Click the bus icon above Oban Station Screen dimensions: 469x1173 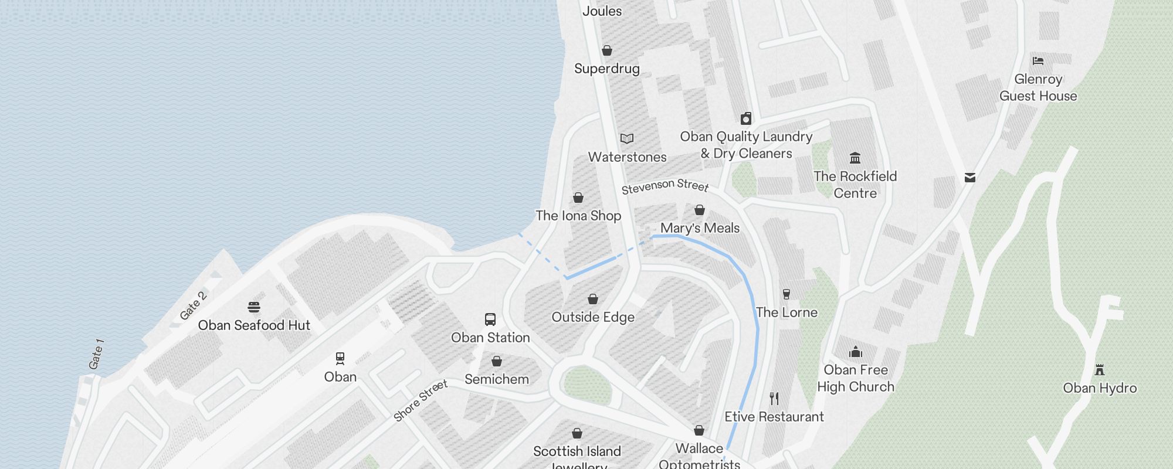[x=490, y=319]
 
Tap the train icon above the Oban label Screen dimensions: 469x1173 [x=340, y=358]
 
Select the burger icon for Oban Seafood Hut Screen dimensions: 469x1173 [x=254, y=307]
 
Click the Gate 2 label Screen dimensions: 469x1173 [x=193, y=305]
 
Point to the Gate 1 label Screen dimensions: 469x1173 [x=96, y=354]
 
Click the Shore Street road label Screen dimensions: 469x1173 [x=421, y=400]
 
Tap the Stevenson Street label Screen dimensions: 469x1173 [x=665, y=186]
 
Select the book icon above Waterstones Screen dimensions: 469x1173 [x=627, y=138]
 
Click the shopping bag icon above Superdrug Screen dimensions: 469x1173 [x=607, y=50]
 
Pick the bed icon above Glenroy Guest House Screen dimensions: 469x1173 [x=1038, y=60]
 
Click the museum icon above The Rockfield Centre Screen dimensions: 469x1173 [x=855, y=158]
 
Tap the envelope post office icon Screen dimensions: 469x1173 [x=970, y=177]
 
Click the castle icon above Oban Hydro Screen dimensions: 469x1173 [x=1100, y=369]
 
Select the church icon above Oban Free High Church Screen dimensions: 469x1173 [x=856, y=352]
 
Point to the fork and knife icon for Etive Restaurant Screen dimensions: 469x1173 [x=774, y=399]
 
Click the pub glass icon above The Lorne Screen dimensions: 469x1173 [x=786, y=294]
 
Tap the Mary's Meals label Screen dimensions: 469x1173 [x=700, y=228]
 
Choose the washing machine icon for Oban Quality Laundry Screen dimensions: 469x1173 [x=746, y=118]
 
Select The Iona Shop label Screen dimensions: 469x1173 [x=578, y=216]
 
